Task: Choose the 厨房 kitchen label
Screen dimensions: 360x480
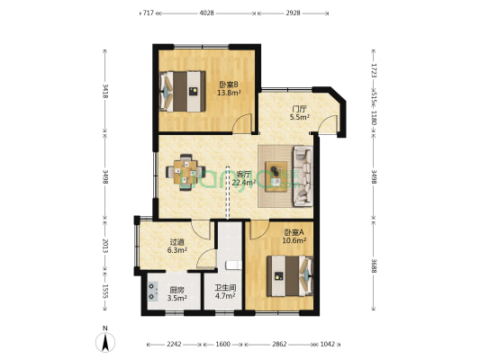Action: pyautogui.click(x=177, y=291)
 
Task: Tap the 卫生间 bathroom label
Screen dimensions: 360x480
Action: pyautogui.click(x=224, y=291)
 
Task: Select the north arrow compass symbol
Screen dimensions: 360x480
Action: pyautogui.click(x=105, y=340)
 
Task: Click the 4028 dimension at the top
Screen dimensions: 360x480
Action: pyautogui.click(x=207, y=13)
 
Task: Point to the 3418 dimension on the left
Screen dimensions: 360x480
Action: pyautogui.click(x=106, y=91)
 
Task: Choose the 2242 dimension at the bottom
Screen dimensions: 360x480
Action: pyautogui.click(x=175, y=344)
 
